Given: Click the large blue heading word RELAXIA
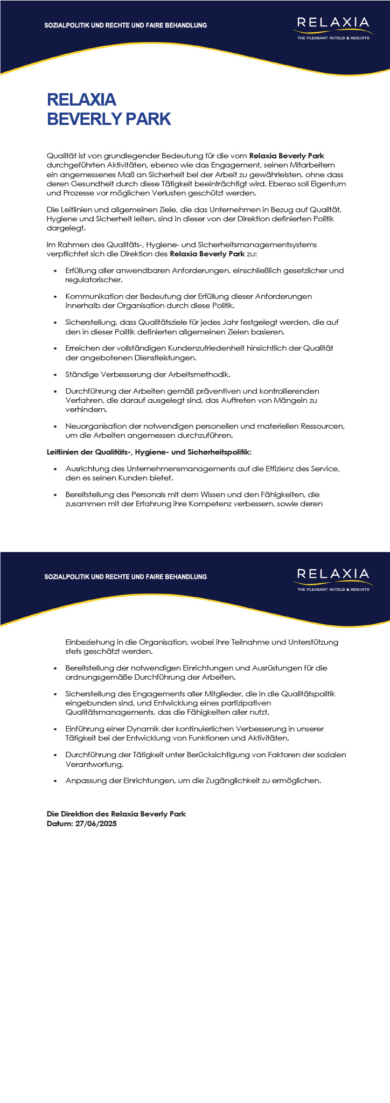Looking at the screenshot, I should (x=82, y=100).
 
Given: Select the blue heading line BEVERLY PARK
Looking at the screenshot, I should (x=109, y=119).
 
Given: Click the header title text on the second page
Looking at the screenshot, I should (x=126, y=577).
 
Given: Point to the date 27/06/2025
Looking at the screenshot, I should (x=96, y=823).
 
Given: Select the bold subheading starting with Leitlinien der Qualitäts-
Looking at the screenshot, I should (x=149, y=452).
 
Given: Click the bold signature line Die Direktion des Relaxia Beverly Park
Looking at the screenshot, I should (x=116, y=814).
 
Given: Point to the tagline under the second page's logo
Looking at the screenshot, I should (x=333, y=589).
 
